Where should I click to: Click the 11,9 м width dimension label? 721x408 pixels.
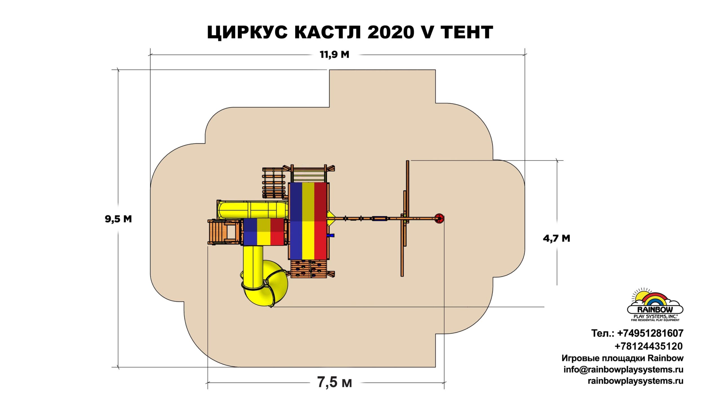coord(334,55)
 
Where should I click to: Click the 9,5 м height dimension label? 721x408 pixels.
coord(118,219)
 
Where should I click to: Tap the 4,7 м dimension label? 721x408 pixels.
coord(557,238)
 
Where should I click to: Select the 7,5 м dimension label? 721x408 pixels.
coord(335,382)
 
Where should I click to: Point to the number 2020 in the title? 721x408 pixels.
coord(391,32)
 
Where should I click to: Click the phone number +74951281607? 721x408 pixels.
coord(650,333)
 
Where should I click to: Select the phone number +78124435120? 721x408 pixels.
coord(649,346)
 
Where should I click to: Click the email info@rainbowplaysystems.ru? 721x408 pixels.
coord(623,369)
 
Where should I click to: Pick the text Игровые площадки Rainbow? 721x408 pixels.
coord(622,358)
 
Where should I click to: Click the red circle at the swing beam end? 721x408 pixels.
coord(439,218)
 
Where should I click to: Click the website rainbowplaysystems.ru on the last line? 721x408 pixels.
coord(635,381)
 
